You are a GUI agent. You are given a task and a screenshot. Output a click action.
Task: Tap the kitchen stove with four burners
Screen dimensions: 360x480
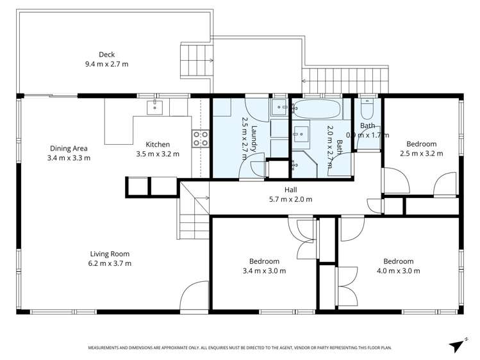(201, 139)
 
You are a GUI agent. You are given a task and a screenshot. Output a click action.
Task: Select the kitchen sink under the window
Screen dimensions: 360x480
(154, 107)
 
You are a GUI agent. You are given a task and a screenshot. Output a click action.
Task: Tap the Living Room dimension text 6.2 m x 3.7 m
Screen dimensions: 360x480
(110, 263)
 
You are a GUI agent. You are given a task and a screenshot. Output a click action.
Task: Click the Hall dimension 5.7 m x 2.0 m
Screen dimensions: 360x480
(290, 199)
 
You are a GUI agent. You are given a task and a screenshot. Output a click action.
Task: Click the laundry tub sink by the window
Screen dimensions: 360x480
(280, 107)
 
